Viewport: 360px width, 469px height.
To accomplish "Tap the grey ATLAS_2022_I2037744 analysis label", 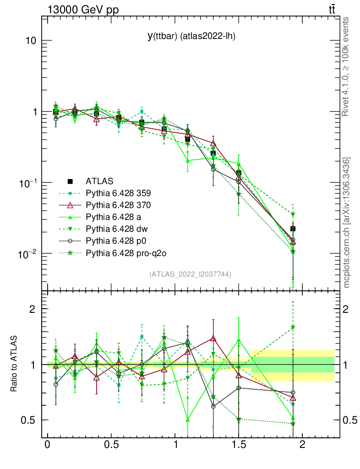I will pos(190,274).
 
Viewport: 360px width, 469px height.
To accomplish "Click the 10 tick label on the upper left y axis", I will pos(31,41).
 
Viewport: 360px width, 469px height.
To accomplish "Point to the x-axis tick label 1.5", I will pos(238,445).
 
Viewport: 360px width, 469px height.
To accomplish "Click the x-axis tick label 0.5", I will pos(111,445).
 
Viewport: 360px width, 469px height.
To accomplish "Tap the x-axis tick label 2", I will pos(302,445).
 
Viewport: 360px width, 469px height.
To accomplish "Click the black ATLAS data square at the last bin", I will pos(293,229).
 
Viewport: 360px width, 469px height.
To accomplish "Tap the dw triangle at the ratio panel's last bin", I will pos(293,327).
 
